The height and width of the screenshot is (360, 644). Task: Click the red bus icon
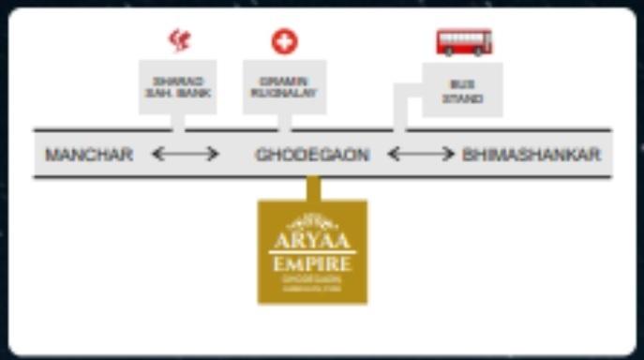pyautogui.click(x=463, y=41)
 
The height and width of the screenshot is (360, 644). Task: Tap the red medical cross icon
pyautogui.click(x=284, y=41)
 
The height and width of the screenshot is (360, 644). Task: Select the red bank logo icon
pyautogui.click(x=178, y=40)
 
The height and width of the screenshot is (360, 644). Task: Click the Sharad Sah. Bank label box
pyautogui.click(x=177, y=87)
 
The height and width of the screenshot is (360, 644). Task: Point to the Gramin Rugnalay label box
pyautogui.click(x=284, y=87)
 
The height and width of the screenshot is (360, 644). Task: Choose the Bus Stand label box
pyautogui.click(x=462, y=89)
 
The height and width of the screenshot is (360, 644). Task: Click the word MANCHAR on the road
pyautogui.click(x=89, y=155)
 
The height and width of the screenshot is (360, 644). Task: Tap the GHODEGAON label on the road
pyautogui.click(x=312, y=155)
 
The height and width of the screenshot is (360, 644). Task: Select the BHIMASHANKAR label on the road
pyautogui.click(x=532, y=155)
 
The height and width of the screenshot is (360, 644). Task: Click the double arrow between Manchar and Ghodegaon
pyautogui.click(x=185, y=154)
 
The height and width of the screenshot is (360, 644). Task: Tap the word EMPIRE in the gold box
pyautogui.click(x=312, y=263)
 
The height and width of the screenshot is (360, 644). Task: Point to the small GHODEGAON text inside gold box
pyautogui.click(x=312, y=278)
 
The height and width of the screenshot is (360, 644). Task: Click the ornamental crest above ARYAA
pyautogui.click(x=311, y=222)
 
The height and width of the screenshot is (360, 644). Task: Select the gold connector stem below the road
pyautogui.click(x=313, y=187)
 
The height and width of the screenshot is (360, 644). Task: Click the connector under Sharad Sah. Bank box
pyautogui.click(x=178, y=122)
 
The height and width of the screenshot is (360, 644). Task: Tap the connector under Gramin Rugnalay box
pyautogui.click(x=285, y=122)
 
